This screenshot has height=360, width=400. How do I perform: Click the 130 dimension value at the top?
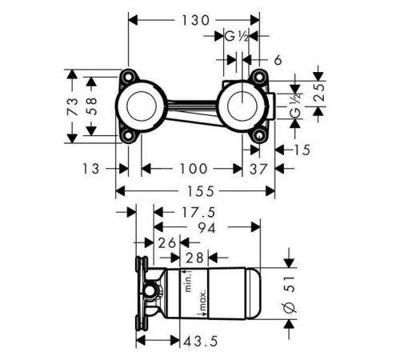[195, 20]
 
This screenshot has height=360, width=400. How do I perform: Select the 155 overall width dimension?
[201, 191]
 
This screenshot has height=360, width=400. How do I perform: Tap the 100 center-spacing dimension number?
[194, 169]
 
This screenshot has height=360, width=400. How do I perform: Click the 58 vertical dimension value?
[91, 106]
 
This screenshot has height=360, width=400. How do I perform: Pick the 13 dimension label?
[91, 169]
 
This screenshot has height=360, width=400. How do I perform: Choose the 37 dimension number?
[258, 169]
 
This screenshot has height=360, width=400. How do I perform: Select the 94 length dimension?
[206, 228]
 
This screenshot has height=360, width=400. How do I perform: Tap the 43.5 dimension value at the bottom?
[201, 341]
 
